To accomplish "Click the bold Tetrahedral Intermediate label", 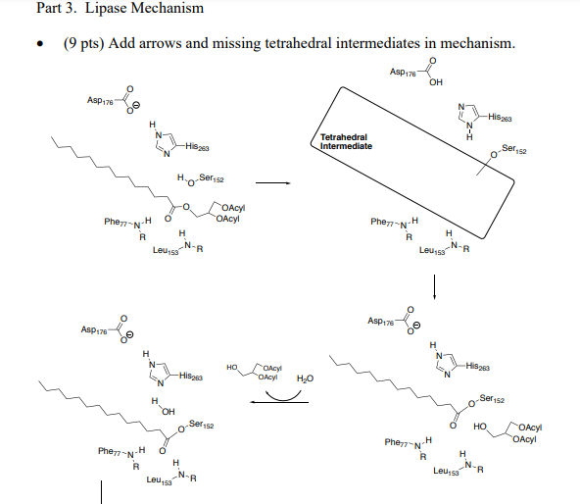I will click(346, 141).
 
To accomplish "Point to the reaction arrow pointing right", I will click(271, 181).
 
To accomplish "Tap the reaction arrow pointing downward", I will click(434, 287).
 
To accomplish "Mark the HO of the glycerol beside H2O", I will click(232, 368).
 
